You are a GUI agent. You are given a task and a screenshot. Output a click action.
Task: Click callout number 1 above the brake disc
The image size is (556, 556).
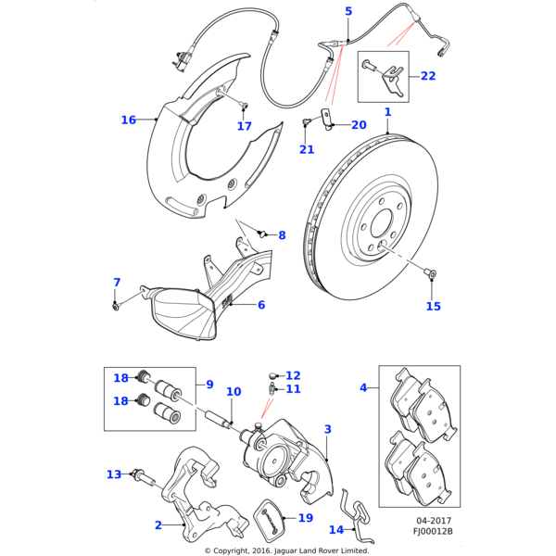coord(387,113)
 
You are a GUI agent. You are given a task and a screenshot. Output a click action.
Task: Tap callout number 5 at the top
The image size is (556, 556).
coord(348,11)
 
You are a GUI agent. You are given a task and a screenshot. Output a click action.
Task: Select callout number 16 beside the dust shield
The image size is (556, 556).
coord(129,120)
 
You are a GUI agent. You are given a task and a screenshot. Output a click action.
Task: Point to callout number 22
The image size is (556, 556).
coord(428,76)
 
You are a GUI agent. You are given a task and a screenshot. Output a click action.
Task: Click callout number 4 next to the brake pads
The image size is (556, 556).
coord(363,386)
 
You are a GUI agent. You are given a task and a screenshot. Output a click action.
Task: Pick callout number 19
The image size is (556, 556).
coord(305,518)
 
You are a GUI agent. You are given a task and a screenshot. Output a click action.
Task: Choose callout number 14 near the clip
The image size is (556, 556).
coord(335,530)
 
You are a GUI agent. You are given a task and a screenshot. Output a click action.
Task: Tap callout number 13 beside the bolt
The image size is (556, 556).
coord(114,474)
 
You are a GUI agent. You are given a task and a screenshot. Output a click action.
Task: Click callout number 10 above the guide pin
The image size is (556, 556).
coord(234,392)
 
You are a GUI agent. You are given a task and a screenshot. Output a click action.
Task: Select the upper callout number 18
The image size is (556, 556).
coord(121,377)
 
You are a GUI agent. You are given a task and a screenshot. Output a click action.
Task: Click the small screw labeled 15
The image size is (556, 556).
coord(431,273)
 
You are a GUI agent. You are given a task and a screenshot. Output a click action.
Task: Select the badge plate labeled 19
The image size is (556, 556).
coord(270,515)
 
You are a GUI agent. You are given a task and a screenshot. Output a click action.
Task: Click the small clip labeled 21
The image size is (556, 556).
coord(306,120)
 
